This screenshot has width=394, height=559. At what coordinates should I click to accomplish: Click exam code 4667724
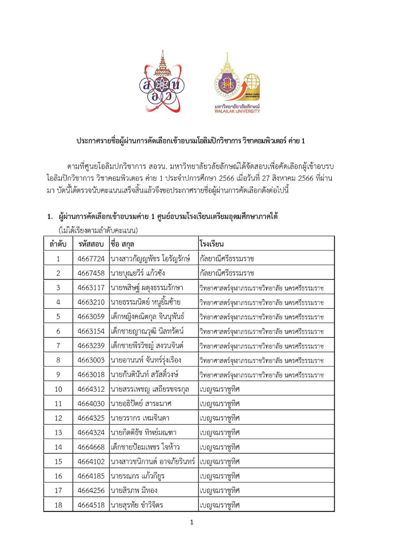coord(91,259)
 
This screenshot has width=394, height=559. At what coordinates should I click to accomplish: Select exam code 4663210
coord(91,302)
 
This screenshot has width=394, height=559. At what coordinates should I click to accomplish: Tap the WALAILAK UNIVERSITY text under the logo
coord(237,111)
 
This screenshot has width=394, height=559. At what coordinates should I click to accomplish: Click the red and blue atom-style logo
coord(162,84)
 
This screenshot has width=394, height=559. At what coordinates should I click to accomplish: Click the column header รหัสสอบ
coord(91,244)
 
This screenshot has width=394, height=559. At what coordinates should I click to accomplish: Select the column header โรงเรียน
coord(212,244)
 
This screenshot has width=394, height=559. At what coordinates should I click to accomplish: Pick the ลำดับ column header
coord(58,244)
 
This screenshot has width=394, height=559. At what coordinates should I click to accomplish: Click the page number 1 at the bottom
coord(192,522)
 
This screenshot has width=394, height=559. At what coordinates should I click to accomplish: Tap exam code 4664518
coord(91,505)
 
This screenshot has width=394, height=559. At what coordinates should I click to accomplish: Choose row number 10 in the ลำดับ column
coord(58,389)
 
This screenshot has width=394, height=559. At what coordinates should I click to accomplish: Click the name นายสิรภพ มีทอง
coord(134,491)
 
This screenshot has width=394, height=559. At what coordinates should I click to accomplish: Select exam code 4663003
coord(91,360)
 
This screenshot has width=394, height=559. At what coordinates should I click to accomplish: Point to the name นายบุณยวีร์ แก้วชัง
coord(137,273)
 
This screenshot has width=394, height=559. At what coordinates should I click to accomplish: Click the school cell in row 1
coord(227,259)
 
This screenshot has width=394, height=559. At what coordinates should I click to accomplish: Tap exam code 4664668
coord(91,447)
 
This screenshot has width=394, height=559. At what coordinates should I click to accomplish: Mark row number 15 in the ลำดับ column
coord(58,462)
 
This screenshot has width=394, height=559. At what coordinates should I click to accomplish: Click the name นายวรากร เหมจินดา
coord(140,418)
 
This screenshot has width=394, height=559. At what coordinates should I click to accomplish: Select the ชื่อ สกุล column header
coord(122,244)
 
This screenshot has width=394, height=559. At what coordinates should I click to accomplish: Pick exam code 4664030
coord(91,404)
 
